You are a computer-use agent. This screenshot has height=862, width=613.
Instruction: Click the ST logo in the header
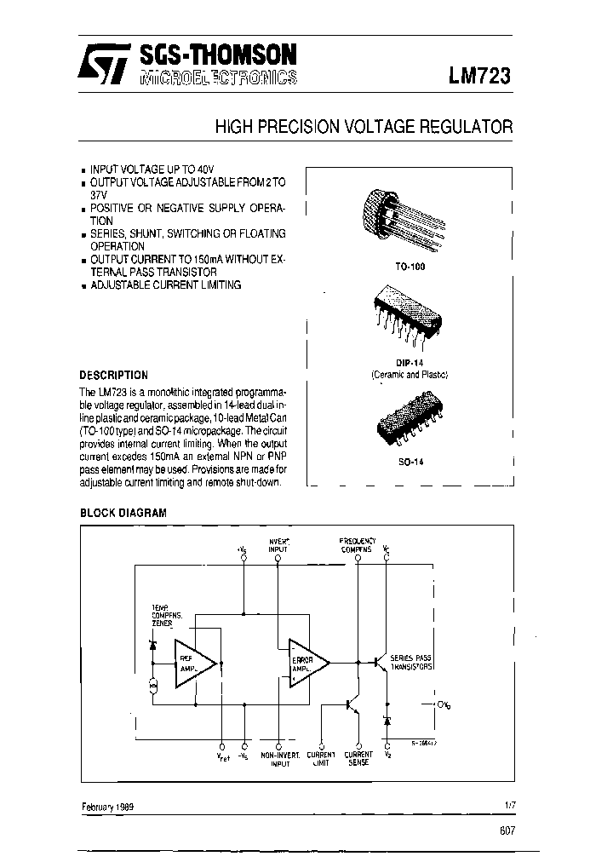tap(103, 64)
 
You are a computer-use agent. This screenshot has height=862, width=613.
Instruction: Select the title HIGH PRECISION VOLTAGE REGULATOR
tap(364, 127)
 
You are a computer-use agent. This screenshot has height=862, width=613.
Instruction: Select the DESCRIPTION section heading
tap(113, 375)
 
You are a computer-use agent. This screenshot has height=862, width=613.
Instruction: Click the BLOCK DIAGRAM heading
tap(123, 514)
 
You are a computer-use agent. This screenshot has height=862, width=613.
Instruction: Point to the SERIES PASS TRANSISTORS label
tap(412, 663)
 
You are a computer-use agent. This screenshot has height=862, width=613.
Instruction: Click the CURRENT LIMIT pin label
tap(321, 759)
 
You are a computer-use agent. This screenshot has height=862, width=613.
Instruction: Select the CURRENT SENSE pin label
tap(358, 759)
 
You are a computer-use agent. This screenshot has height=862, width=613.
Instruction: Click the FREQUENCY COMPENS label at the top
tap(356, 545)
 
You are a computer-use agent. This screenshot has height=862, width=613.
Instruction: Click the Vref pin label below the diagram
tap(222, 756)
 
